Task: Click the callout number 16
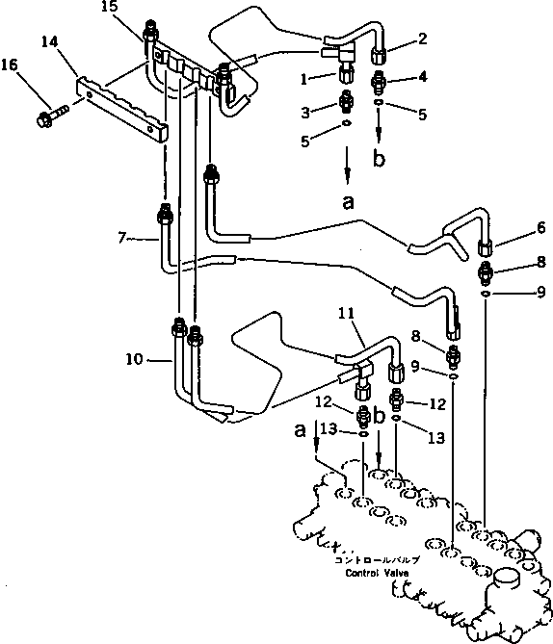pyautogui.click(x=10, y=64)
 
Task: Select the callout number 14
pyautogui.click(x=50, y=42)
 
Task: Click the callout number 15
pyautogui.click(x=109, y=7)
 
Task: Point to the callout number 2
pyautogui.click(x=423, y=39)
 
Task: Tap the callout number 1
pyautogui.click(x=303, y=79)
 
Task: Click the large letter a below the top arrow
pyautogui.click(x=348, y=201)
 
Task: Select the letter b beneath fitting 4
pyautogui.click(x=379, y=158)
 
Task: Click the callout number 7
pyautogui.click(x=121, y=238)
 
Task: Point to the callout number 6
pyautogui.click(x=541, y=227)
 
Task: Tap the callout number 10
pyautogui.click(x=135, y=359)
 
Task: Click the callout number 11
pyautogui.click(x=346, y=314)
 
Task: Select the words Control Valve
pyautogui.click(x=377, y=573)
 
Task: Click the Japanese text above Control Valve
pyautogui.click(x=377, y=560)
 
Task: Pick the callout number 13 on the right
pyautogui.click(x=436, y=438)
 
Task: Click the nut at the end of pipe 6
pyautogui.click(x=486, y=248)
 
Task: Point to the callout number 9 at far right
pyautogui.click(x=541, y=292)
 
